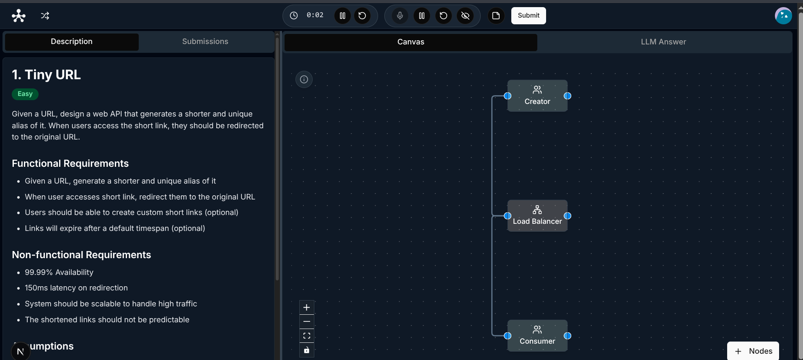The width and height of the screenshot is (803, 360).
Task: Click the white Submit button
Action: click(528, 16)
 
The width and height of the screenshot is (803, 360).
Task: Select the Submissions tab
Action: click(205, 41)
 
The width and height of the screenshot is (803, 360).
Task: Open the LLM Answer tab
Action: click(663, 42)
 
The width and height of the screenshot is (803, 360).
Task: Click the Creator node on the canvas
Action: click(537, 96)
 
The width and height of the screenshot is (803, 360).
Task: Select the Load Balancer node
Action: click(537, 216)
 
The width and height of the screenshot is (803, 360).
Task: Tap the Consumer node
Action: click(537, 336)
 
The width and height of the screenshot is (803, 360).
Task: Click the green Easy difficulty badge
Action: click(25, 94)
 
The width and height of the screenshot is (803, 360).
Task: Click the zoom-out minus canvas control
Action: click(307, 321)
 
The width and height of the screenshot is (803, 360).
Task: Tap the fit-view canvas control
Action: click(307, 336)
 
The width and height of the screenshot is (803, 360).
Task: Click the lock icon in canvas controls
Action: click(307, 350)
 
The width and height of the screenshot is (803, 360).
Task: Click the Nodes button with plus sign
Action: click(753, 351)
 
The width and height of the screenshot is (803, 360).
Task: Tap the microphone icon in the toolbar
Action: click(400, 16)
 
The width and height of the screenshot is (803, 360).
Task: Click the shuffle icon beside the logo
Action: click(45, 16)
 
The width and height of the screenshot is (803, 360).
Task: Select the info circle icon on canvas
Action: click(304, 79)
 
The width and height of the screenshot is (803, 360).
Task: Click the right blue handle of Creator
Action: click(567, 96)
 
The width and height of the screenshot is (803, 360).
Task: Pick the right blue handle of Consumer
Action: click(567, 336)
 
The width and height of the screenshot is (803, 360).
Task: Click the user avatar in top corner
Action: click(783, 16)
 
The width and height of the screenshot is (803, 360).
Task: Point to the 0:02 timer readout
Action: click(315, 15)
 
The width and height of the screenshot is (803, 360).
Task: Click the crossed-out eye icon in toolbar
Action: click(465, 16)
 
